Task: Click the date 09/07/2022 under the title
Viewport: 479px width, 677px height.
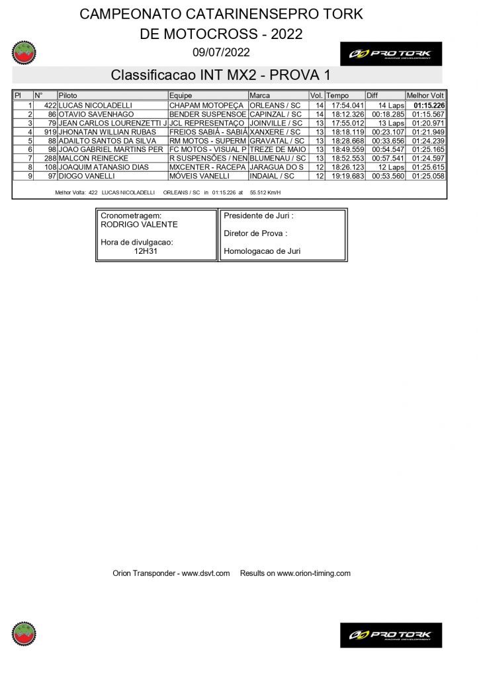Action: [221, 52]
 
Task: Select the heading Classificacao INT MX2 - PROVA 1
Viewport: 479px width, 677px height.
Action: [220, 75]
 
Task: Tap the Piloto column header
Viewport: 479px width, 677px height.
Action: [68, 96]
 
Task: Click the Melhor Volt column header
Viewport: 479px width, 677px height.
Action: [425, 96]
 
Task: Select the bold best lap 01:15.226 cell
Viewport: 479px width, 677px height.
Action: [429, 105]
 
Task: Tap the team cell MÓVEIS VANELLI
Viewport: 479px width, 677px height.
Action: [199, 177]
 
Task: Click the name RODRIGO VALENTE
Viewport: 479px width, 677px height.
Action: [139, 225]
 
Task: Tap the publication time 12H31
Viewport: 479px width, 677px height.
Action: [140, 251]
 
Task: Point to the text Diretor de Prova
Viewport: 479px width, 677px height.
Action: [255, 233]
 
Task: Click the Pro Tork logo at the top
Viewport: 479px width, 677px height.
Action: [390, 54]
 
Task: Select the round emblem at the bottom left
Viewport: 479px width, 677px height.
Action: [24, 633]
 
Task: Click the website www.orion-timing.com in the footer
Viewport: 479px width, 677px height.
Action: [314, 573]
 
